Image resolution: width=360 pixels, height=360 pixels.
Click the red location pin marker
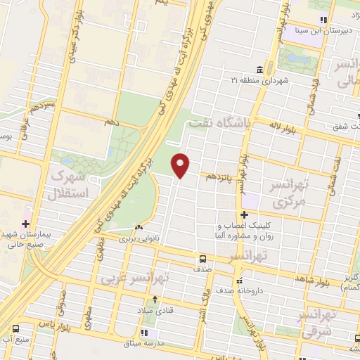click(181, 165)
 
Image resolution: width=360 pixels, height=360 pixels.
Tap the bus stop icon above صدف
click(202, 258)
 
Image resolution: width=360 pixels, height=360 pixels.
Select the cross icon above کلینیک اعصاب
click(244, 214)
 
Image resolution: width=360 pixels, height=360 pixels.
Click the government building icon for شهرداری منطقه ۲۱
click(260, 70)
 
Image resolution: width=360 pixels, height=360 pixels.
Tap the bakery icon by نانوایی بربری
click(139, 227)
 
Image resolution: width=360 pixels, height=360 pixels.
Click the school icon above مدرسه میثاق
click(146, 333)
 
